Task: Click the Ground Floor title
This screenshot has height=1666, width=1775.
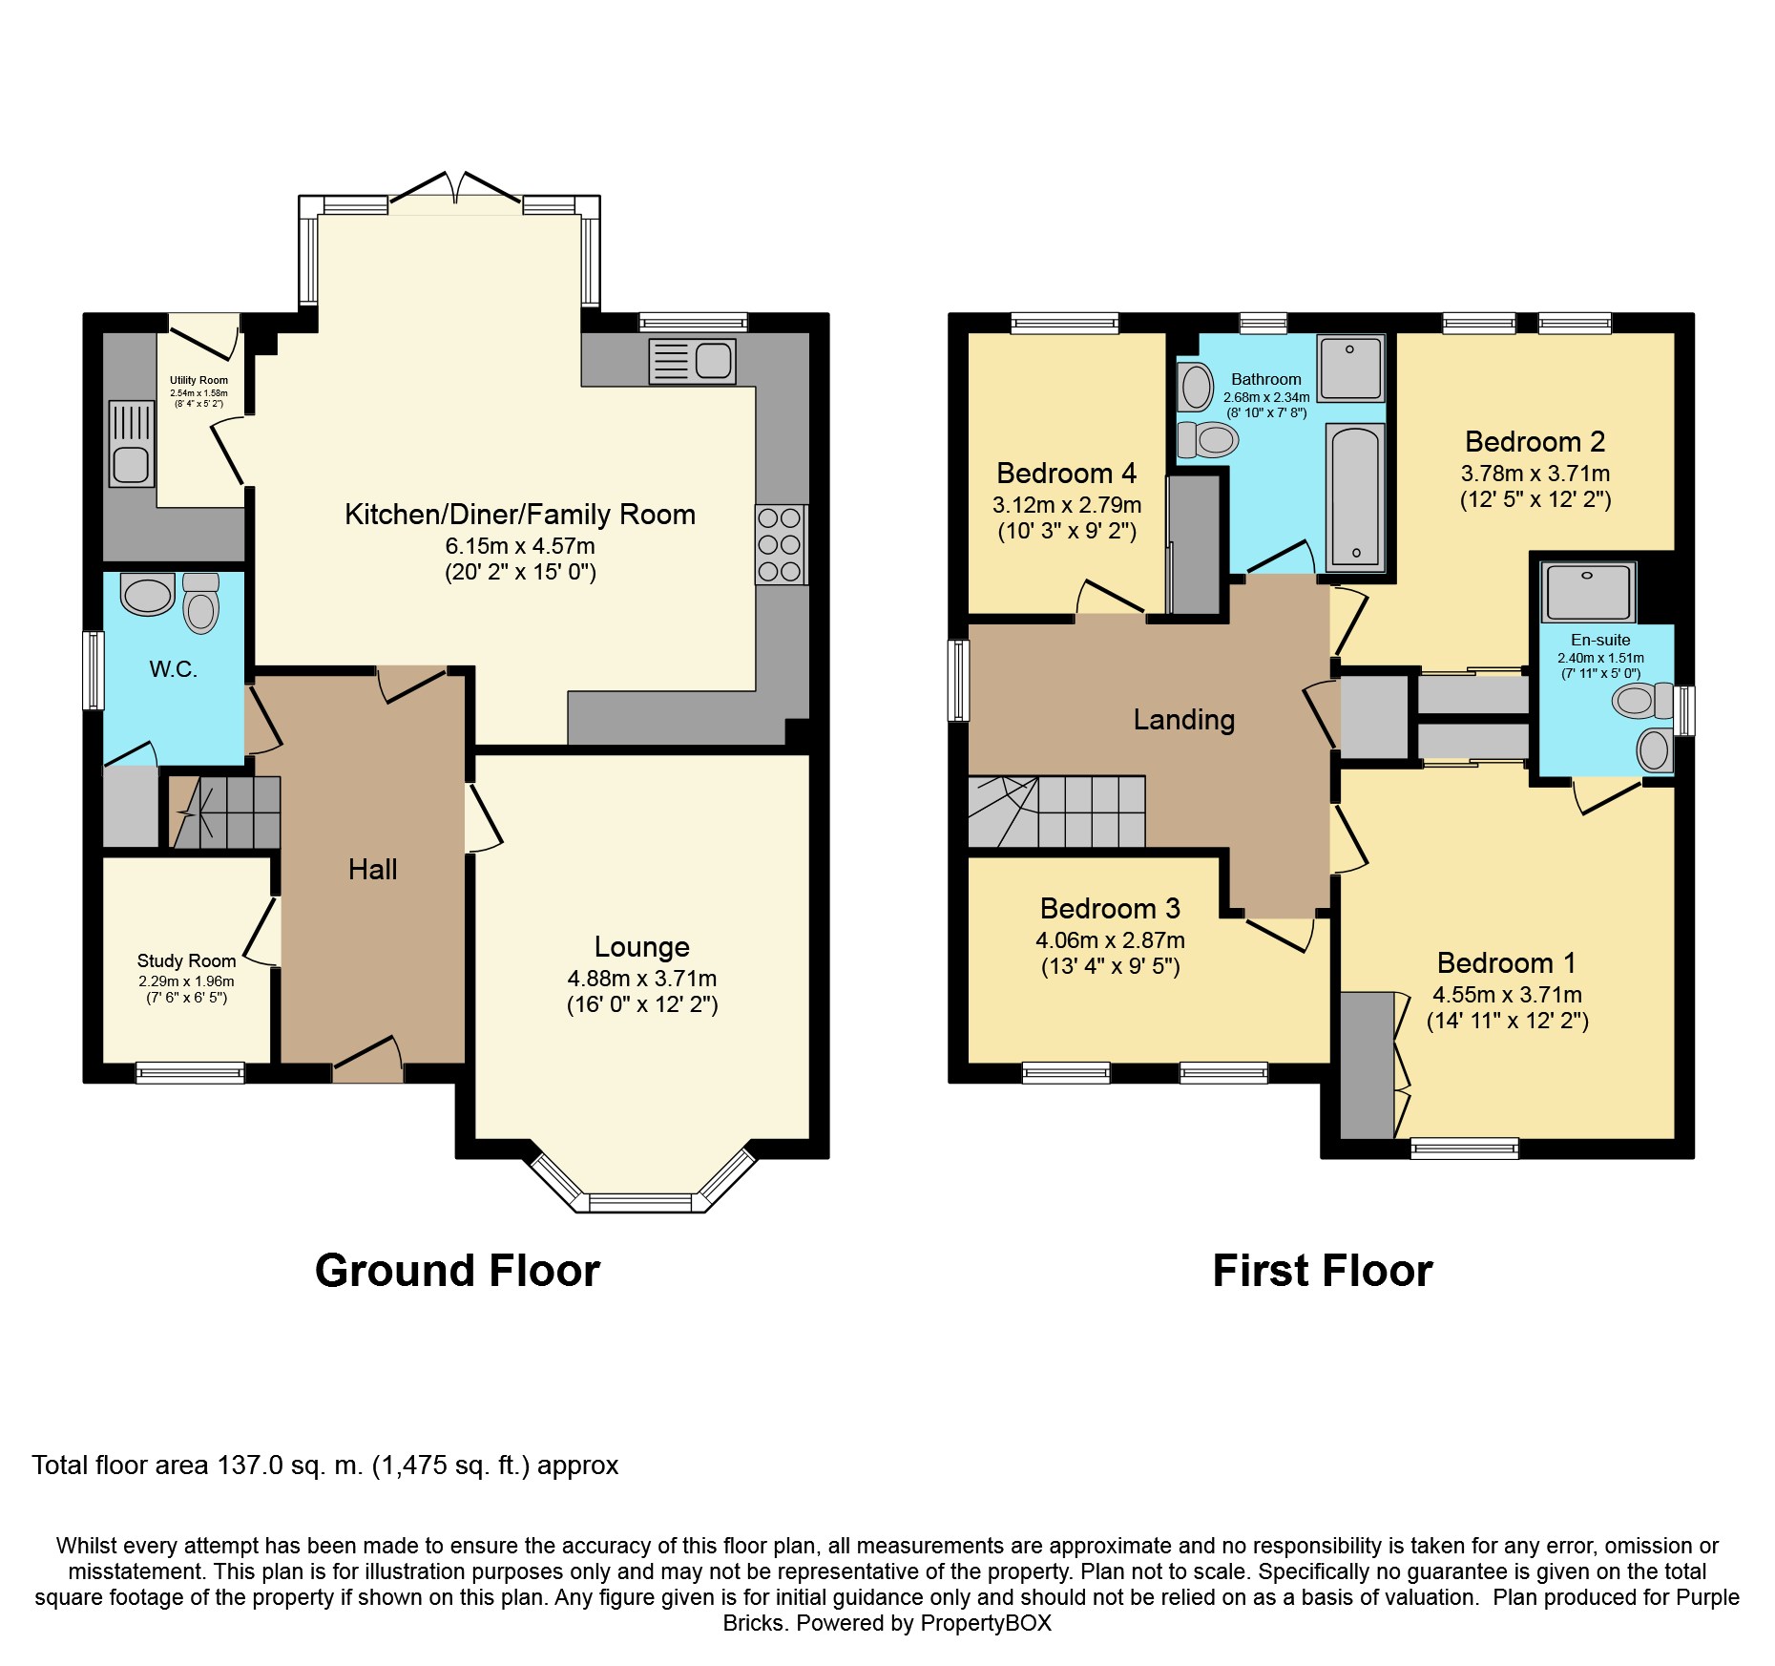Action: point(457,1271)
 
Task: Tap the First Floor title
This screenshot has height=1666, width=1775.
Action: point(1322,1271)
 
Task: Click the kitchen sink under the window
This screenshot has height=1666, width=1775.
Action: point(692,362)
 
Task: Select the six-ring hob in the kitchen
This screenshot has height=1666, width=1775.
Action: point(780,544)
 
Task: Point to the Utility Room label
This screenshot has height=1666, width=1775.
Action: point(198,380)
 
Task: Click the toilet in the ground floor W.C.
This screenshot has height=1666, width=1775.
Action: point(200,603)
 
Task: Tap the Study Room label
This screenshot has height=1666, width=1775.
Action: point(186,960)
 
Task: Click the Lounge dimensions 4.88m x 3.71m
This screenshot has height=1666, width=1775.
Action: point(641,978)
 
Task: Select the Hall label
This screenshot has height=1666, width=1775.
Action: point(372,869)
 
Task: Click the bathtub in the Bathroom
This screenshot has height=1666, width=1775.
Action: point(1354,496)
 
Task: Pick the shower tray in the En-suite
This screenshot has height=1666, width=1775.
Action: point(1588,592)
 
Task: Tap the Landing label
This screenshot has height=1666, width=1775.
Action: point(1183,719)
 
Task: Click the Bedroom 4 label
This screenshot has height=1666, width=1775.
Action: point(1066,473)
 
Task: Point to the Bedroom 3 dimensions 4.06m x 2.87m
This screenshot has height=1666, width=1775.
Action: point(1110,939)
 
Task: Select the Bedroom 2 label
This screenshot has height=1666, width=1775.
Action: point(1535,441)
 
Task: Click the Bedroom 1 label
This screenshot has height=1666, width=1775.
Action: point(1506,962)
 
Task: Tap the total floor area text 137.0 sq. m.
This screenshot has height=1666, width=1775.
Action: point(324,1465)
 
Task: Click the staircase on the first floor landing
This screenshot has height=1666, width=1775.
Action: point(1059,812)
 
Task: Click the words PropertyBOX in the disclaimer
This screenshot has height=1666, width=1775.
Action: point(987,1622)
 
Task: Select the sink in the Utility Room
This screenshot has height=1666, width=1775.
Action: point(131,444)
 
